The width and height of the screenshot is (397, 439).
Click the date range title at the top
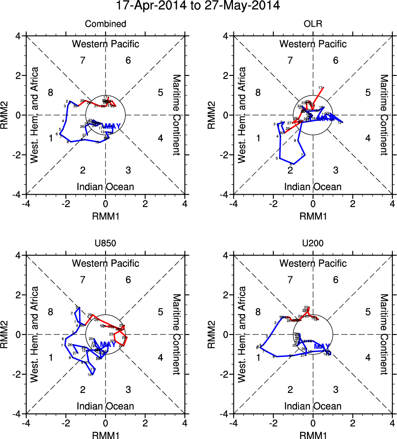tap(198, 6)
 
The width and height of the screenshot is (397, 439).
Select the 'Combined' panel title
tap(105, 24)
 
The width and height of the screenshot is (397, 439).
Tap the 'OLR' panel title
tap(313, 24)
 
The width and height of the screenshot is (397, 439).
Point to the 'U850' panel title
tap(105, 244)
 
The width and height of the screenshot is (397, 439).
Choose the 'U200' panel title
tap(313, 244)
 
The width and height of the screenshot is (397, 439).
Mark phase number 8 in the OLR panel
tap(258, 93)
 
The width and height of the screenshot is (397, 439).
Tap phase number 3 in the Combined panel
tap(128, 170)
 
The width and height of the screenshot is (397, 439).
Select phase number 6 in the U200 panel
tap(336, 280)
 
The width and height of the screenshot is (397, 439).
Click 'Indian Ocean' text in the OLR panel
tap(313, 187)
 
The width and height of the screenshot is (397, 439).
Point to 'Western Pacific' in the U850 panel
tap(105, 263)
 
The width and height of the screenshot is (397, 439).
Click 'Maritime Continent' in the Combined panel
tap(176, 115)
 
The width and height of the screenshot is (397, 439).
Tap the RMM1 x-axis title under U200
tap(313, 434)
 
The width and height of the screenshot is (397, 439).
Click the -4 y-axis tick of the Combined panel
tap(19, 194)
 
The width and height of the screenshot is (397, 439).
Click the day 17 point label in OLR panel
tap(320, 88)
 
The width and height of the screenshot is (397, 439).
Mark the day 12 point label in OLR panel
tap(340, 122)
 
